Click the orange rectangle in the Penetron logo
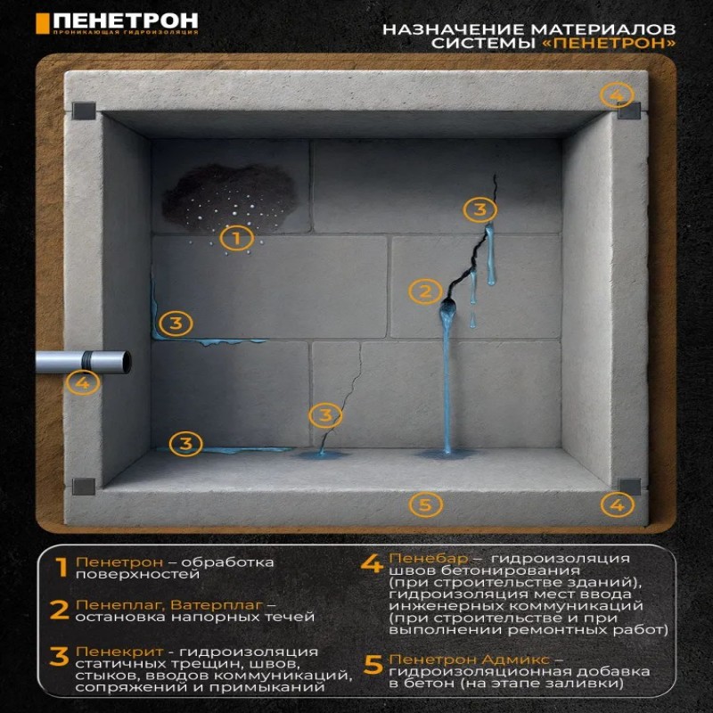click(42, 23)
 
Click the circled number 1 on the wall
click(236, 238)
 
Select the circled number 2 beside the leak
click(425, 291)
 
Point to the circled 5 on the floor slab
click(426, 504)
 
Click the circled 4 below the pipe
click(83, 382)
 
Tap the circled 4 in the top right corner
click(617, 95)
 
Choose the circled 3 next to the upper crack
click(480, 209)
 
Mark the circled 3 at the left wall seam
click(176, 324)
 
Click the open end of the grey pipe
click(126, 363)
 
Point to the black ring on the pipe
click(86, 362)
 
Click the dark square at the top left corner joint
click(84, 111)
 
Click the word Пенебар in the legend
click(429, 559)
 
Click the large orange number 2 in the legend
click(59, 610)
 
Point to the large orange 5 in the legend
click(373, 665)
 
